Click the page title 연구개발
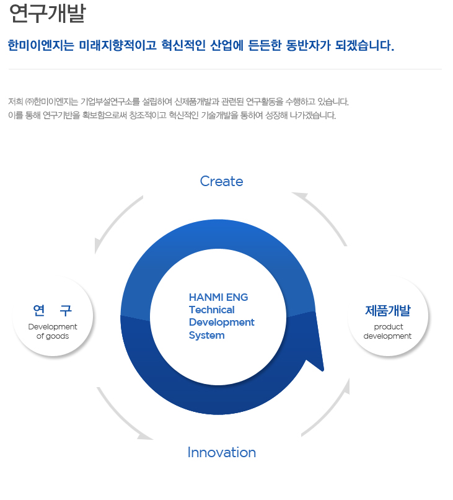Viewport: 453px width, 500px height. (x=48, y=14)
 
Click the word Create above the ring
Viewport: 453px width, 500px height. (x=221, y=181)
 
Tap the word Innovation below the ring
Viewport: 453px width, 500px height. (x=221, y=452)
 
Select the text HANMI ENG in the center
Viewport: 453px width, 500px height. (x=218, y=297)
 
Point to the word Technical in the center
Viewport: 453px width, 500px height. (x=211, y=310)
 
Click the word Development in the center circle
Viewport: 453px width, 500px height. (x=221, y=322)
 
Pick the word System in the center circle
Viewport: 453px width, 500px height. (x=207, y=335)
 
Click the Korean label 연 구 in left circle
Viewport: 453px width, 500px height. (x=53, y=310)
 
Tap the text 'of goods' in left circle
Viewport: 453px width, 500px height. (x=53, y=336)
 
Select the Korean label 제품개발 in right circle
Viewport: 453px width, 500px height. (x=388, y=311)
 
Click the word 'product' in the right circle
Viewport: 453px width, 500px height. (x=389, y=327)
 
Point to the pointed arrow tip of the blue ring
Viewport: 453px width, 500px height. (x=323, y=370)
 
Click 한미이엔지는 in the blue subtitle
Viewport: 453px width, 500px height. (x=41, y=45)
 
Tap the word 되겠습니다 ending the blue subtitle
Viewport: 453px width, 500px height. (x=365, y=45)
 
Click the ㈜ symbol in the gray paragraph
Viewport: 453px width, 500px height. (x=29, y=102)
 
